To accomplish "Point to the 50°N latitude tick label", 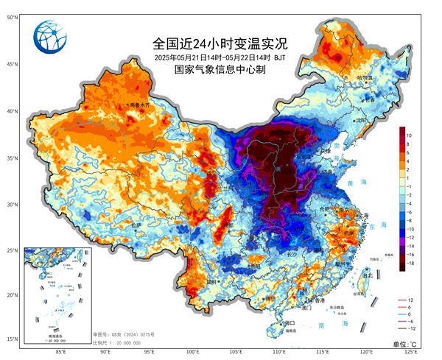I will pyautogui.click(x=13, y=16).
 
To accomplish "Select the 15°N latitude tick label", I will pyautogui.click(x=13, y=339).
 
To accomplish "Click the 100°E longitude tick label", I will pyautogui.click(x=193, y=352).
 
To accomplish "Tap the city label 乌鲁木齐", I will pyautogui.click(x=139, y=105).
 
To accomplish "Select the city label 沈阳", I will pyautogui.click(x=360, y=120).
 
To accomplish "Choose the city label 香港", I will pyautogui.click(x=318, y=301).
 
